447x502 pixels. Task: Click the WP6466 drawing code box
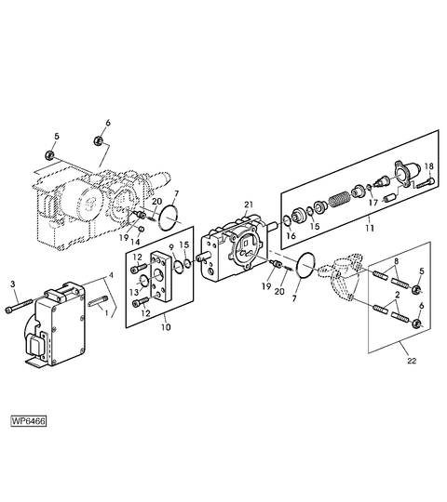coord(29,421)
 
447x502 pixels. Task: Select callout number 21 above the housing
coord(249,205)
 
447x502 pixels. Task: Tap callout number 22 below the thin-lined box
coord(412,361)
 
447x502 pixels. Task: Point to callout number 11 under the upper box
coord(370,229)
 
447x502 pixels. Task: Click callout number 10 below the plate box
coord(166,327)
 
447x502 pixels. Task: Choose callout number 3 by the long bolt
coord(12,284)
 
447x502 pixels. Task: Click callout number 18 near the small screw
coord(429,166)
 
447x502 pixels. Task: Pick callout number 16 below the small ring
coord(291,236)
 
